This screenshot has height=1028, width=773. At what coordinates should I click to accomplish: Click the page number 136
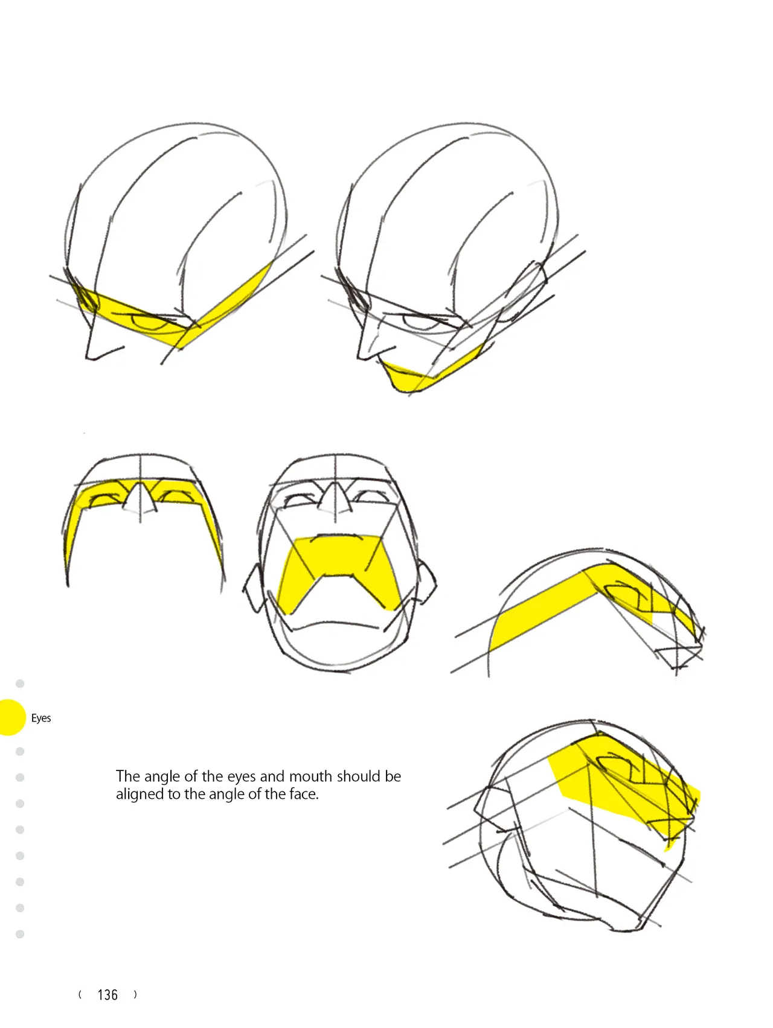coord(107,995)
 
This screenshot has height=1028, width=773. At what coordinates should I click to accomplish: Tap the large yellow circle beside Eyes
coord(8,717)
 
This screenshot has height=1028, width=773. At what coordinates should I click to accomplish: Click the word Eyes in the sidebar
coord(41,718)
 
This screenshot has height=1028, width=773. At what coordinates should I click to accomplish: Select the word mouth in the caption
coord(310,776)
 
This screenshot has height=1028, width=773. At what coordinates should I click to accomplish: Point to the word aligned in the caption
coord(139,795)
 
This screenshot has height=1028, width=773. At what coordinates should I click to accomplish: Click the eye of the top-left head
coord(151,323)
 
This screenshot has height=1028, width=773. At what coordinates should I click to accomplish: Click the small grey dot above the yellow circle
coord(20,684)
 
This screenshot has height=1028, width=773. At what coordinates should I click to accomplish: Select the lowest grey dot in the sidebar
coord(20,934)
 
